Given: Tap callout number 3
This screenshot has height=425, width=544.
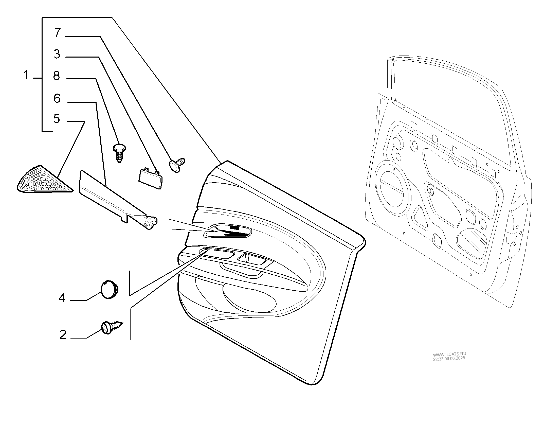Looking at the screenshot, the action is click(57, 54).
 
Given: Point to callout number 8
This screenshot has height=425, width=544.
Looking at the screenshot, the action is click(57, 76).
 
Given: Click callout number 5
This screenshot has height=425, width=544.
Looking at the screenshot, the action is click(57, 118).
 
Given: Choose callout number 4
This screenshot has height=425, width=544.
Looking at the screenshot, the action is click(62, 298).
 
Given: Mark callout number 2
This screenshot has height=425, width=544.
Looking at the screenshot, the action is click(63, 334).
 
